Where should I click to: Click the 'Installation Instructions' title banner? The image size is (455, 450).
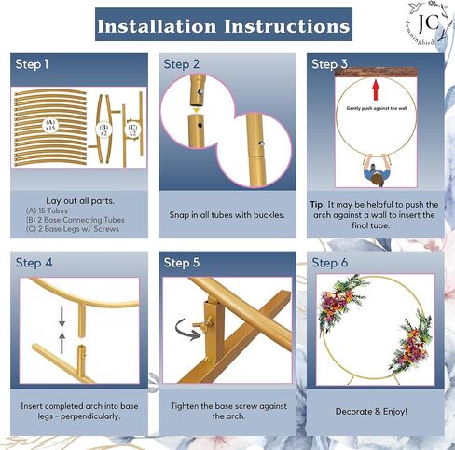pyautogui.click(x=224, y=24)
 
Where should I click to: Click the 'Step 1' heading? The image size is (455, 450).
pyautogui.click(x=32, y=64)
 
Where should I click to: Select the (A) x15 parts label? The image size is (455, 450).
pyautogui.click(x=50, y=125)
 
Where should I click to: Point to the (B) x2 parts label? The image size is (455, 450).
pyautogui.click(x=103, y=130)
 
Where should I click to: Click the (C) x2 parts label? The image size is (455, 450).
pyautogui.click(x=132, y=130)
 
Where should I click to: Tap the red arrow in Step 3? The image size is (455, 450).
pyautogui.click(x=376, y=89)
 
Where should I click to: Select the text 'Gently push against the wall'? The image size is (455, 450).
pyautogui.click(x=377, y=108)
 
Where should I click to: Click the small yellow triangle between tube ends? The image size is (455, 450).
pyautogui.click(x=196, y=110)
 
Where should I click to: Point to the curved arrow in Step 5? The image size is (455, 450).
pyautogui.click(x=187, y=330)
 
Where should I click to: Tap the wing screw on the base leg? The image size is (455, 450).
pyautogui.click(x=203, y=323)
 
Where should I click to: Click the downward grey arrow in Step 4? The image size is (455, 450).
pyautogui.click(x=62, y=317)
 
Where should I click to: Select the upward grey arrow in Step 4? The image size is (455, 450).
pyautogui.click(x=62, y=343)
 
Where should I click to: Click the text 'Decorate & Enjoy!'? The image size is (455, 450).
pyautogui.click(x=371, y=412)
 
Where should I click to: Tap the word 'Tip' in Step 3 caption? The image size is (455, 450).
pyautogui.click(x=317, y=205)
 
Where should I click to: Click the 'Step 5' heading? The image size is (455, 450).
pyautogui.click(x=182, y=263)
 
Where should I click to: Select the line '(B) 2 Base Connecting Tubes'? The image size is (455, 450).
pyautogui.click(x=75, y=220)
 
